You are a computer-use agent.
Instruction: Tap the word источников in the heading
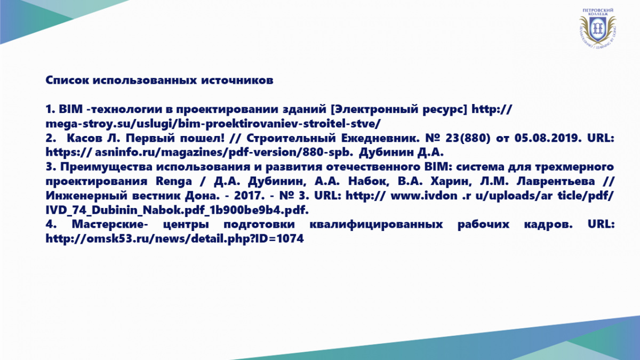pos(237,80)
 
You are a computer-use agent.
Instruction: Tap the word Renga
pos(174,181)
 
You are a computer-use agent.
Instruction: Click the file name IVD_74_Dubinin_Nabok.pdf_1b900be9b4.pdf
pos(177,210)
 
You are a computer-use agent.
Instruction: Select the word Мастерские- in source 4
pos(110,225)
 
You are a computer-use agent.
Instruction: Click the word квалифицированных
pos(376,225)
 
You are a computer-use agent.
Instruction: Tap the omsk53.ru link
pos(174,239)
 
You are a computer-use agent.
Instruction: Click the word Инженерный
pos(86,196)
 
